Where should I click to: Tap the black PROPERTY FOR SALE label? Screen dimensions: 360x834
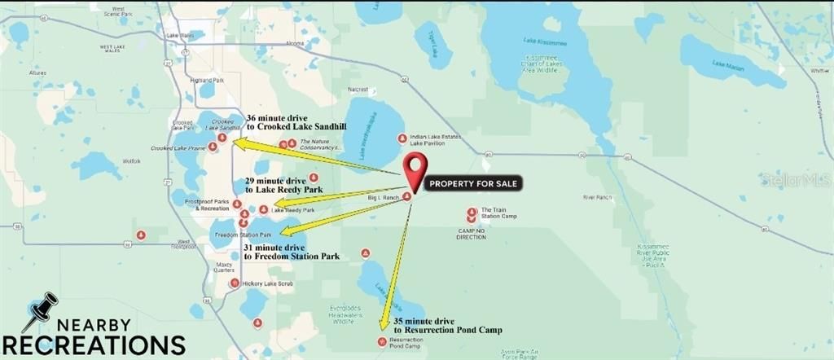pos(473,183)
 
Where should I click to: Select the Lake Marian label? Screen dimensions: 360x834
pos(729,64)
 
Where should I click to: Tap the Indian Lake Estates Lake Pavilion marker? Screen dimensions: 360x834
pos(402,138)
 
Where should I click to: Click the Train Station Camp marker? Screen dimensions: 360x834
pos(472,213)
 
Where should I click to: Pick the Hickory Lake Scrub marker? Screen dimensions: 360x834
pos(235,283)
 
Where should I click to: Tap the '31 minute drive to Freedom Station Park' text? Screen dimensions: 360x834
pos(292,252)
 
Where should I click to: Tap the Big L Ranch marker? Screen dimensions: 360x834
pos(406,195)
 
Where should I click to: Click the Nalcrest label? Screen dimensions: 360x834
pos(357,89)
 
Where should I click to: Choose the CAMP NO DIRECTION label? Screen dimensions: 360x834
pos(472,234)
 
